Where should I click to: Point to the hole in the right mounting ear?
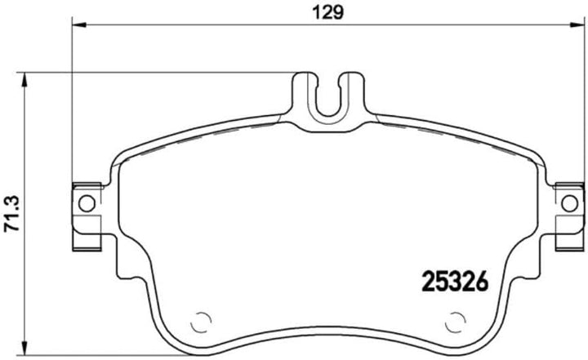click(x=569, y=202)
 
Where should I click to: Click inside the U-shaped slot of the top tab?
click(x=328, y=96)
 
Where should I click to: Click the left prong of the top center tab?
click(x=305, y=94)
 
